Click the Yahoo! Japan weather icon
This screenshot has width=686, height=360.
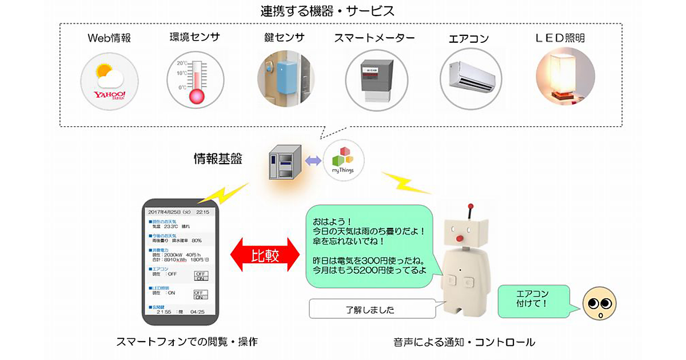click(109, 81)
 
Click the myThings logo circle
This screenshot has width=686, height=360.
click(343, 159)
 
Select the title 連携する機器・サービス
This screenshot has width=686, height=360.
click(342, 10)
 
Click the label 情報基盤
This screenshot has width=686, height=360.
click(217, 159)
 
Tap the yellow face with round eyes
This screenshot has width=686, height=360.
click(597, 306)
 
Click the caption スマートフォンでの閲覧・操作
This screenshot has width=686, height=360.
click(187, 342)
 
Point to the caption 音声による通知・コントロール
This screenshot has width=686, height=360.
click(464, 342)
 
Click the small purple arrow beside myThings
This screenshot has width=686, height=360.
click(313, 161)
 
